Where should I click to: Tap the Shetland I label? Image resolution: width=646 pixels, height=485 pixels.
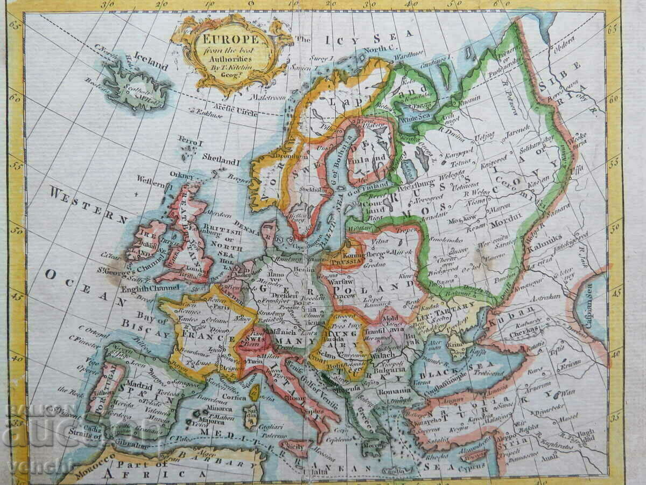(x=221, y=160)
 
